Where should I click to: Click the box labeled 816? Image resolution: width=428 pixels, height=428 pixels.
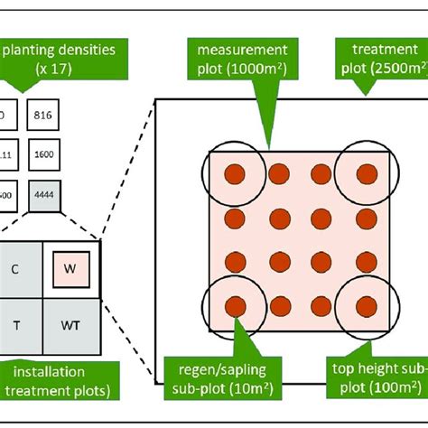coord(42,115)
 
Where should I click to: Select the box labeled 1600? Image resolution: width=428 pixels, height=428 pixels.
coord(42,154)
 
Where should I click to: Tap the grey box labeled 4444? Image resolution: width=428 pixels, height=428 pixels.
coord(42,193)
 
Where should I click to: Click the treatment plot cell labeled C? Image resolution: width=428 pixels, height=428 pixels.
coord(15,268)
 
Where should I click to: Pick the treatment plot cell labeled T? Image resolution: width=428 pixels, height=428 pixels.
coord(15,323)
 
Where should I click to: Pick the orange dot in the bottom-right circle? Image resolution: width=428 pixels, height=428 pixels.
coord(366,305)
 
